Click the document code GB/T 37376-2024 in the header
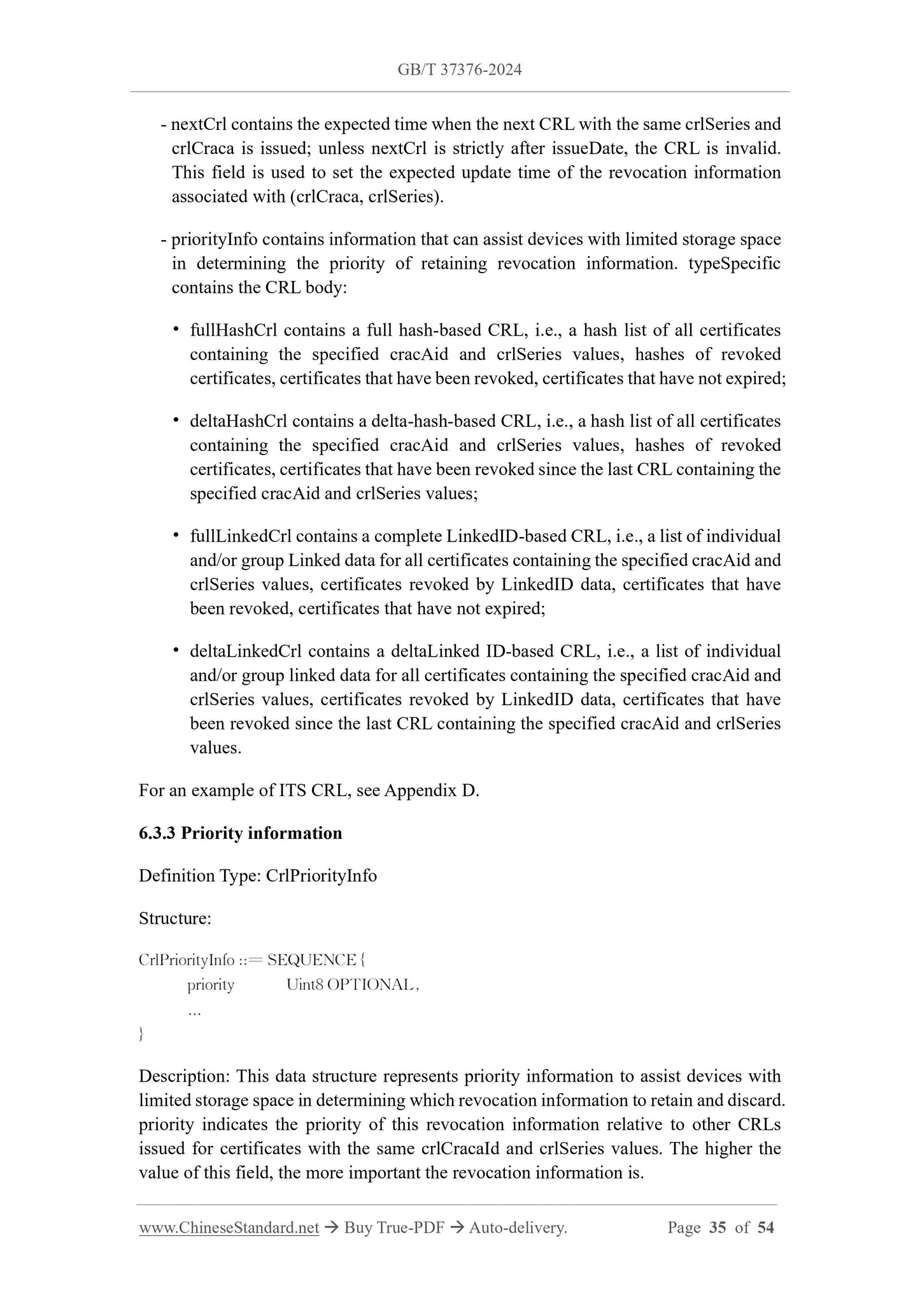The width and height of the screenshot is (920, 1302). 460,70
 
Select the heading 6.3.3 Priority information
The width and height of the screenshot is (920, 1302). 240,833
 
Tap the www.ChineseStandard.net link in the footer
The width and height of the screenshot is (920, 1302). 229,1227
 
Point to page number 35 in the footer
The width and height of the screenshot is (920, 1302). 718,1227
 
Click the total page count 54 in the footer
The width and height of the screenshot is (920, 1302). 766,1227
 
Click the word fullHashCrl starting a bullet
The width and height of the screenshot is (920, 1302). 234,331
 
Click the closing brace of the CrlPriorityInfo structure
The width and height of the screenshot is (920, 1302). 141,1033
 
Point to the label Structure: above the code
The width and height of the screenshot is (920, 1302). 174,919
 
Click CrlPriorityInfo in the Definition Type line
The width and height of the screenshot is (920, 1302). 321,876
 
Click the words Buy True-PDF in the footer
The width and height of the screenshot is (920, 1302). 393,1227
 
